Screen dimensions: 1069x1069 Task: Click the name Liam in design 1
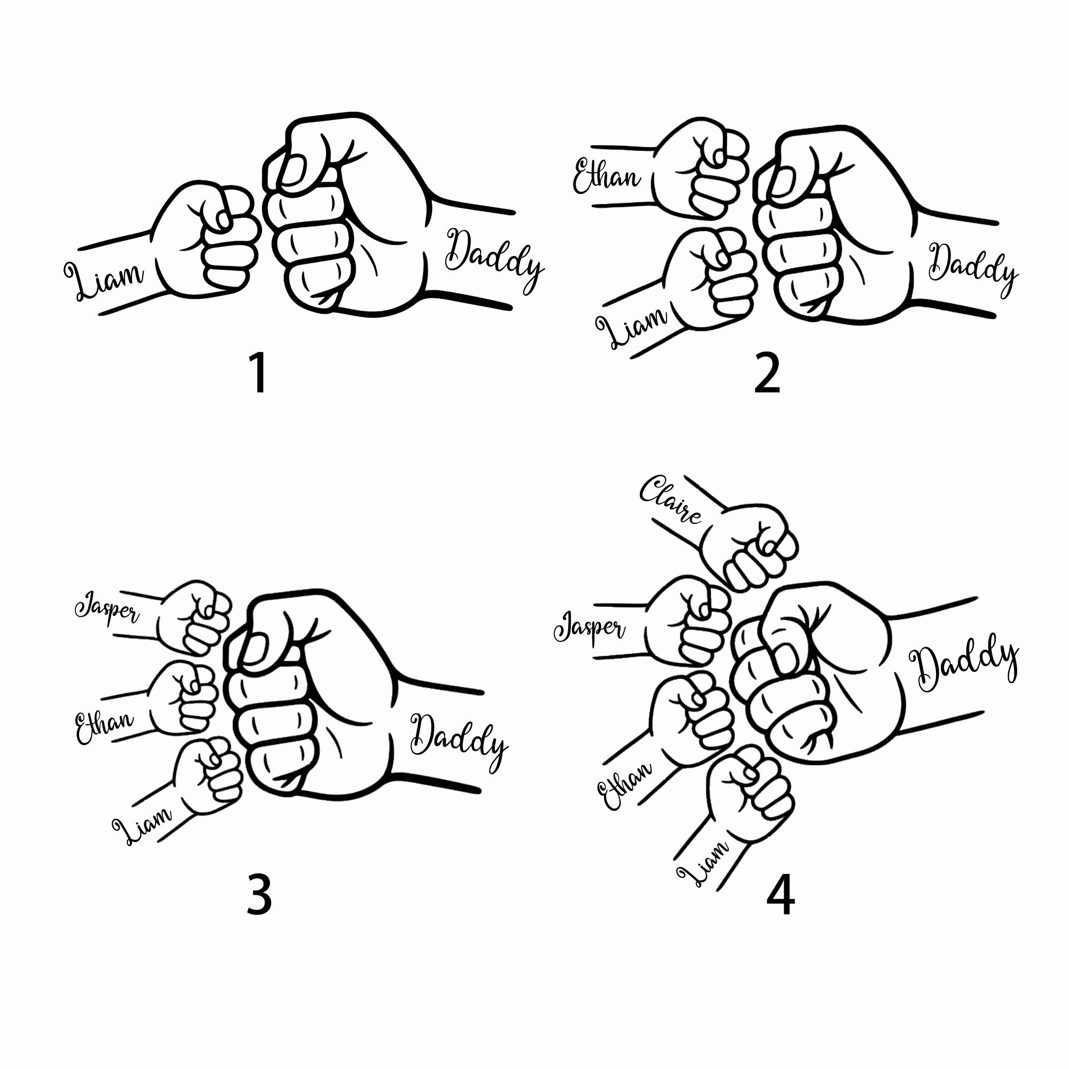point(104,280)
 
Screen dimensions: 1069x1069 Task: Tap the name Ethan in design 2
point(607,176)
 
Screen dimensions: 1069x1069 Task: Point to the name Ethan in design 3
point(104,727)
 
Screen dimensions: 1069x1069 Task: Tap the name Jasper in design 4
point(589,628)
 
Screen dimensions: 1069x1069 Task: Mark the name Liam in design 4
point(703,864)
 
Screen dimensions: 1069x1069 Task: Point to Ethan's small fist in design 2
point(701,167)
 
